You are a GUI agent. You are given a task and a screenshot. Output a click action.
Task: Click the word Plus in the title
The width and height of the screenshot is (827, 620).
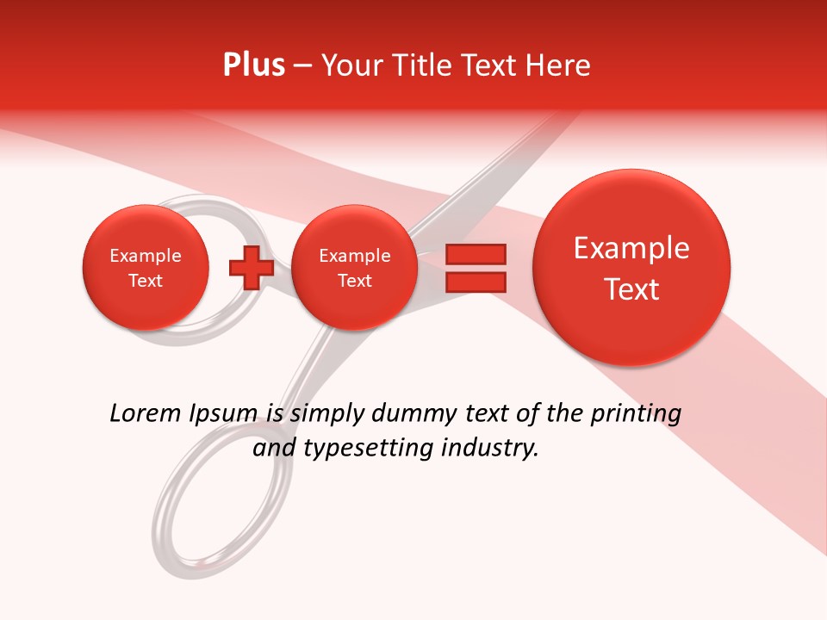pos(253,65)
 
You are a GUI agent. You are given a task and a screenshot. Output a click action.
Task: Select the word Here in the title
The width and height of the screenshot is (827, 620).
pos(557,65)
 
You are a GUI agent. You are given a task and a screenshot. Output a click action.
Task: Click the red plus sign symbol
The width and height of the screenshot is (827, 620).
pos(252,267)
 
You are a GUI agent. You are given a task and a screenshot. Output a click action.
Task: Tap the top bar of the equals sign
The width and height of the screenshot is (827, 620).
pos(475,254)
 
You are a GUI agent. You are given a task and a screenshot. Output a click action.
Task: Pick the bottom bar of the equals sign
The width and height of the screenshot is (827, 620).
pos(475,282)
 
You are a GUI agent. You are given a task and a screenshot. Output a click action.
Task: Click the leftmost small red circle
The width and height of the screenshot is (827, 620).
pos(146,268)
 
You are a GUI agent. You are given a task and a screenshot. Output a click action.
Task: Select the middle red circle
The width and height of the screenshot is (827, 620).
pos(354,268)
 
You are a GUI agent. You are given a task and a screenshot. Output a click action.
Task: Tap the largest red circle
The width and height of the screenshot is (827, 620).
pos(631,268)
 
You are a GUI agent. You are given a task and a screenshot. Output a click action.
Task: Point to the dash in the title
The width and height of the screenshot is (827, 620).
pos(302,65)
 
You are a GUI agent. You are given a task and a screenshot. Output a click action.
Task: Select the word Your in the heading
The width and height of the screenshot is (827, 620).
pos(348,65)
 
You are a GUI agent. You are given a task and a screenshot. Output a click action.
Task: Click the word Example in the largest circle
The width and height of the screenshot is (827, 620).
pos(631,249)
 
